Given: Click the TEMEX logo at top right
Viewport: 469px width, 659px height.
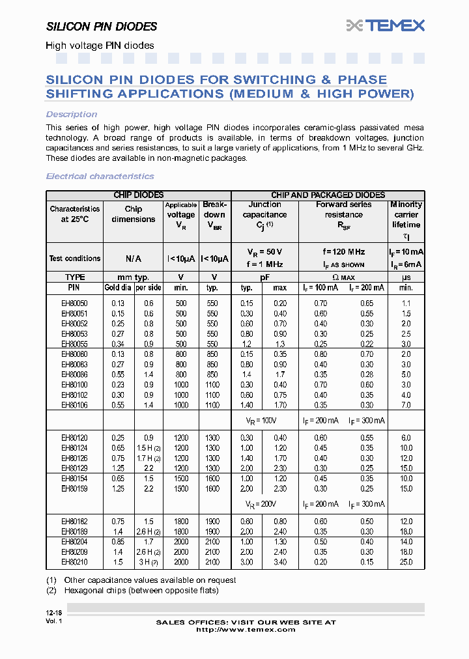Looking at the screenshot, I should pos(386,25).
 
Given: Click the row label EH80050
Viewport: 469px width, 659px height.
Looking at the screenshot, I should pos(74,303).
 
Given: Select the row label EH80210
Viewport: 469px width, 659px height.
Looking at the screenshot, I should pos(74,562).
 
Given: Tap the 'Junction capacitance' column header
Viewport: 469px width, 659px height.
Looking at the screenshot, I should pos(264,214).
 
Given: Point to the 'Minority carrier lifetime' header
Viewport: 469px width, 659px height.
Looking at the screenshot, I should pos(406,215).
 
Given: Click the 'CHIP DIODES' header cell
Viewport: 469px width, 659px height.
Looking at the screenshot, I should pos(138,195).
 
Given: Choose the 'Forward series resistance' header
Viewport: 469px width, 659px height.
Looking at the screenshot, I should pos(343,210).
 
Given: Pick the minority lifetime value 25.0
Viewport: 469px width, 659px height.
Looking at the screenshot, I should pos(406,562).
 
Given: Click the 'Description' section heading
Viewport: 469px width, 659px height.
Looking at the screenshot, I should pos(72,115).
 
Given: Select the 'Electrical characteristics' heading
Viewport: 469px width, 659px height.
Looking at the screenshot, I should pos(100,176).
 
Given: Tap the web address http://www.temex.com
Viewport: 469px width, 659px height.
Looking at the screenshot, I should pos(246,629).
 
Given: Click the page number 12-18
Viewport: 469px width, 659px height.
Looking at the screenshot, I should pos(54,613).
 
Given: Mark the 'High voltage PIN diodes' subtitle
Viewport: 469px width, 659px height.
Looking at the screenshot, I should pos(100,46).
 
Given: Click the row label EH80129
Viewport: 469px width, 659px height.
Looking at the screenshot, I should pos(74,468).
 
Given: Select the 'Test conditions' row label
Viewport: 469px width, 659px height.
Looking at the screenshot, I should pos(74,259).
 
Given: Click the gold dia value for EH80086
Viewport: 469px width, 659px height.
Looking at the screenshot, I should pos(118,374).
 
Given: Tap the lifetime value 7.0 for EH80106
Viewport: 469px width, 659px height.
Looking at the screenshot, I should pos(406,405).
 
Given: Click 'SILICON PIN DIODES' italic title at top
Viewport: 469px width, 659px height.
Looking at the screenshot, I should pos(102,27).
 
